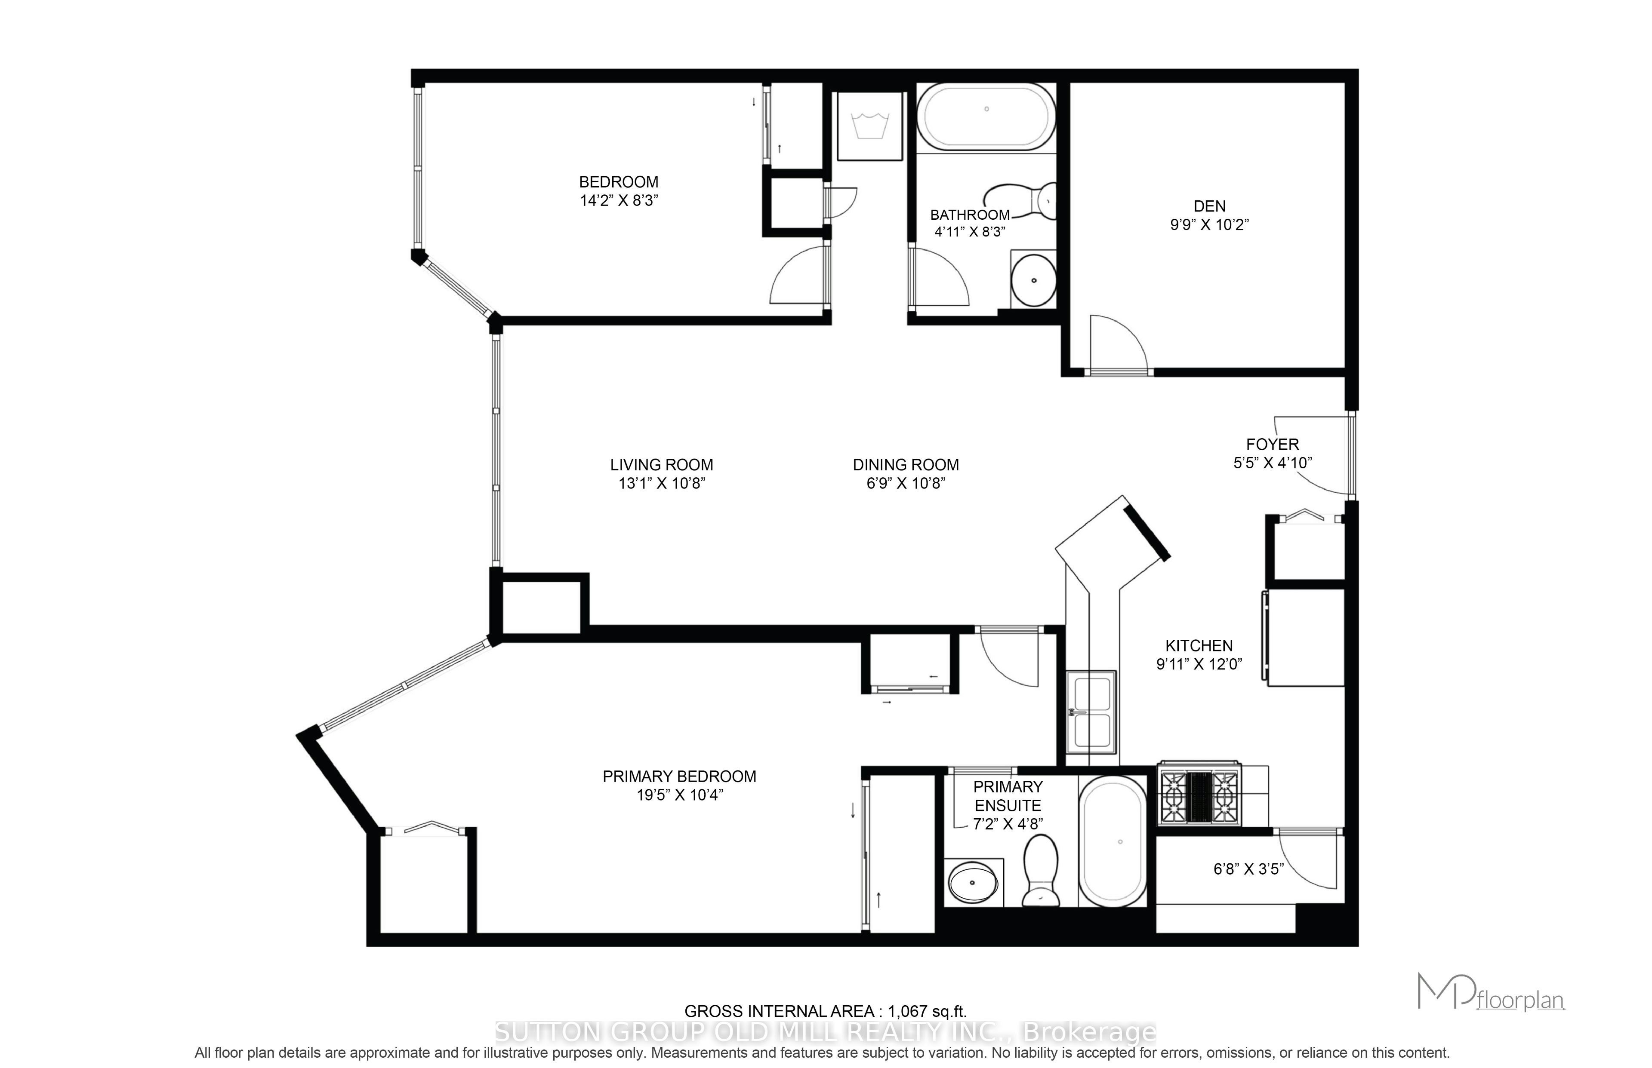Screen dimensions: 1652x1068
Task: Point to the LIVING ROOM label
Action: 661,465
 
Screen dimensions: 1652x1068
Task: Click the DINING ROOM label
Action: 906,465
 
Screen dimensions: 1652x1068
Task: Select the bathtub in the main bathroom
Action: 986,117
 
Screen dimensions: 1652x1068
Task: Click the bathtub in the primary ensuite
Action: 1112,841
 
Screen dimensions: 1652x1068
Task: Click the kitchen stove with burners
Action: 1199,793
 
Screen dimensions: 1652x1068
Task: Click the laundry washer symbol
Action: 869,127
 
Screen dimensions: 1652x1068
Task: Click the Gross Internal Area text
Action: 825,1012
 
